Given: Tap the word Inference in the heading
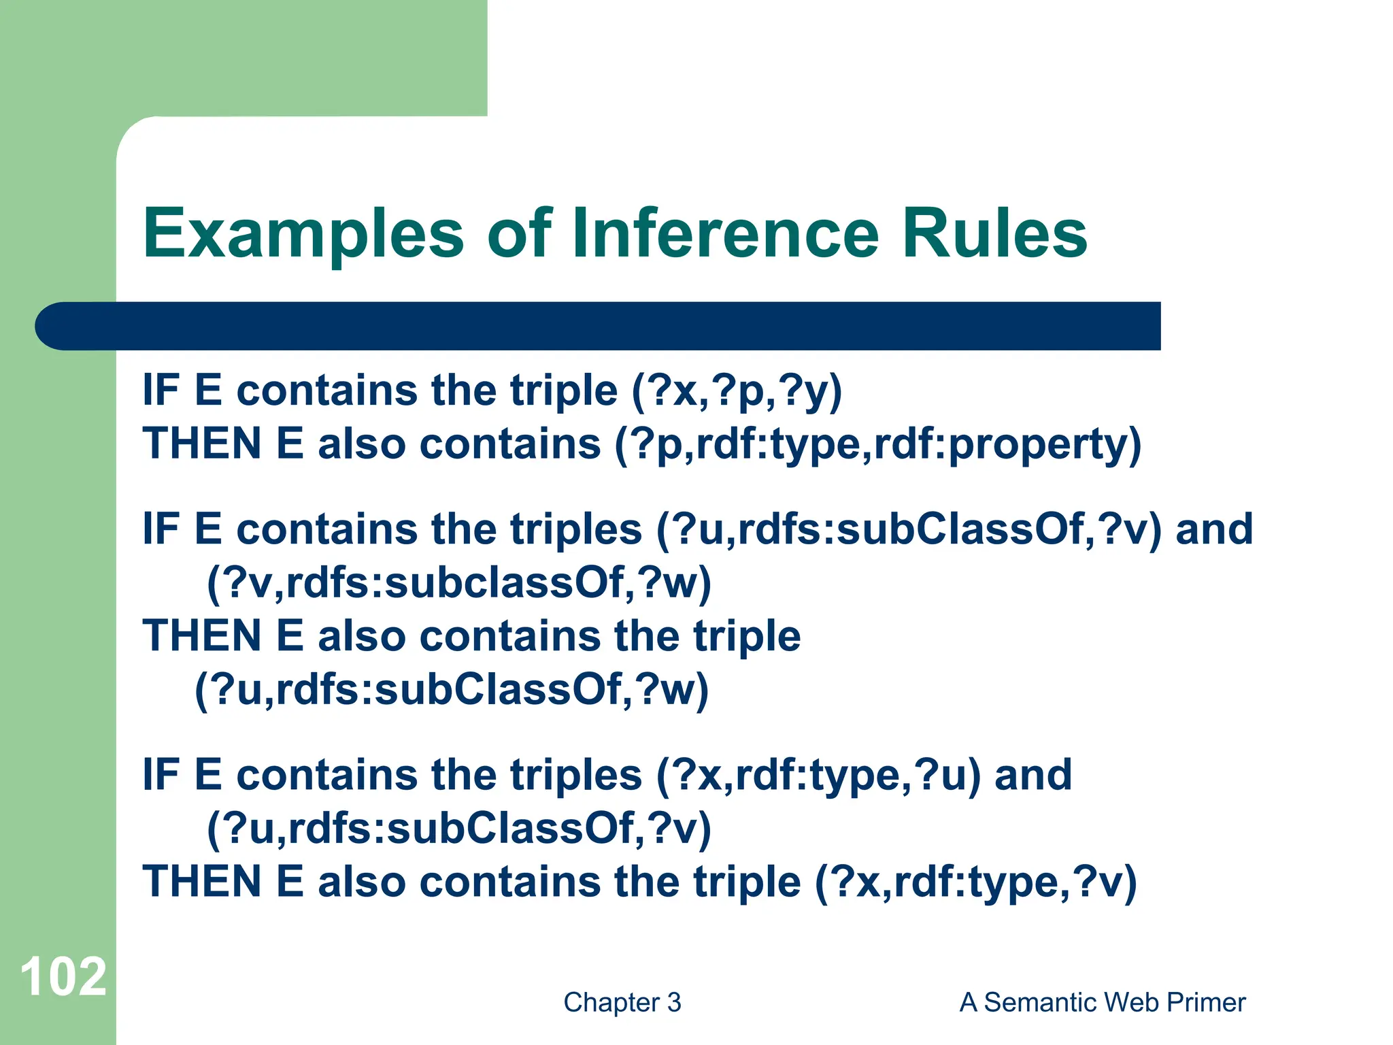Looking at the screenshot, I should coord(726,233).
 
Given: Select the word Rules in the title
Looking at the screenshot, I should coord(994,233).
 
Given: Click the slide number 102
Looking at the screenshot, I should coord(63,977).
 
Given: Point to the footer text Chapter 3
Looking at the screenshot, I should coord(622,1002).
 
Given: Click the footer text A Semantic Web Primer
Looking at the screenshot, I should coord(1102,1002).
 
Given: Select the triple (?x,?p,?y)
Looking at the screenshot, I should coord(737,391).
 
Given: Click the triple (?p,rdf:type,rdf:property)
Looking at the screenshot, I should coord(877,444).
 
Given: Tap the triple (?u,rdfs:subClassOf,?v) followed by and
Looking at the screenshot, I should coord(909,530).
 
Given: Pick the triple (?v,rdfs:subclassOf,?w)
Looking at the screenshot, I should coord(459,583).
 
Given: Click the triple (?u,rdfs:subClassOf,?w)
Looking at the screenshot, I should coord(452,690).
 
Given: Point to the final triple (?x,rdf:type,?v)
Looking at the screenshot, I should coord(975,882).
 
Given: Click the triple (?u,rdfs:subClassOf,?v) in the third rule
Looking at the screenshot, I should coord(459,829).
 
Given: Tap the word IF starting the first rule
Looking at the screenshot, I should coord(161,391).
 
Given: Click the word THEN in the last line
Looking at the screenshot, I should coord(201,882).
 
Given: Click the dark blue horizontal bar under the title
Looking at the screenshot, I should coord(599,326).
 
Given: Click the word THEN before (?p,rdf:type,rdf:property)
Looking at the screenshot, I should coord(201,444).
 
